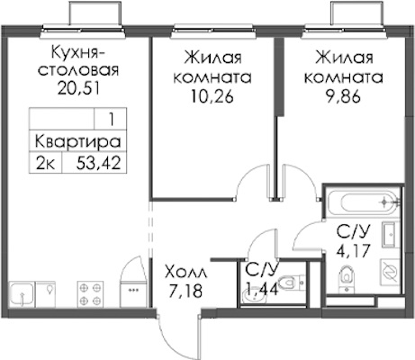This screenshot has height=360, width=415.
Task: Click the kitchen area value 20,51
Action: click(78, 88)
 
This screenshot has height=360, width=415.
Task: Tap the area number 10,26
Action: click(212, 96)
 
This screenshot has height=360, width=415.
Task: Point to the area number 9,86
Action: click(344, 96)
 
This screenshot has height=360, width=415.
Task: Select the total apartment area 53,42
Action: click(99, 163)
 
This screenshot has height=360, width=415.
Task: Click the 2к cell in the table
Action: click(45, 164)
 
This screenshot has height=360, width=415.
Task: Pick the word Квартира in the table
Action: click(78, 141)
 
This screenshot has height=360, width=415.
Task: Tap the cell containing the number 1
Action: click(111, 120)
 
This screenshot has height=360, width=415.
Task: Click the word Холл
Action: click(186, 273)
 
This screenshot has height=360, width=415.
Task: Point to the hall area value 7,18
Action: click(185, 291)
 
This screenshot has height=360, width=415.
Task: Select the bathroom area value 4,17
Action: click(353, 250)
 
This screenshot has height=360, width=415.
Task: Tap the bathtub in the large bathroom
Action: click(363, 202)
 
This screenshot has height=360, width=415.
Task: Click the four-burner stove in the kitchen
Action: click(90, 294)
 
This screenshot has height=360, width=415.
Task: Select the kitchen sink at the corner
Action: click(21, 294)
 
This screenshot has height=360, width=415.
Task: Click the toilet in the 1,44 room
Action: click(290, 283)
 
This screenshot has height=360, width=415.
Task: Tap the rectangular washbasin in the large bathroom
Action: click(390, 234)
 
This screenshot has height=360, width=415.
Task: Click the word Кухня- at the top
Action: click(78, 53)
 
